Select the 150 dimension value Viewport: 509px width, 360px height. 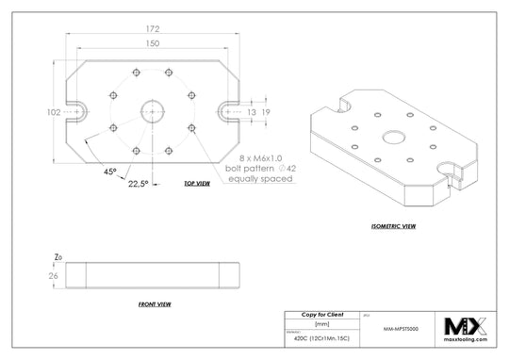(153, 43)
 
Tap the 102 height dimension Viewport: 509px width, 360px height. (53, 111)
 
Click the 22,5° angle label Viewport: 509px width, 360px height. (138, 184)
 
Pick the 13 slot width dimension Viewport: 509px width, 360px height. (251, 111)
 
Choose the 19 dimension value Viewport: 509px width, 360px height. (267, 111)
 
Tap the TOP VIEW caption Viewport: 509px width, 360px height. (196, 185)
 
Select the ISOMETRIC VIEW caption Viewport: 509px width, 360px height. (395, 226)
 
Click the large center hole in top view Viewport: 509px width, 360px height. (153, 111)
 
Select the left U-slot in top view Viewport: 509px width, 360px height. (76, 111)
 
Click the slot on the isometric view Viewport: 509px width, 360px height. (451, 171)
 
